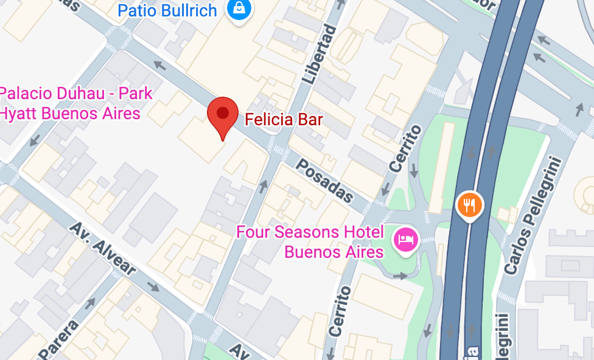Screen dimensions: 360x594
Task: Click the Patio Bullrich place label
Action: [167, 10]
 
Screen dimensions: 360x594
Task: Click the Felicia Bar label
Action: [284, 119]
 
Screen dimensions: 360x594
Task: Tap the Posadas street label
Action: [325, 181]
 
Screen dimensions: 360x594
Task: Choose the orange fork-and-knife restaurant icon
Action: [469, 205]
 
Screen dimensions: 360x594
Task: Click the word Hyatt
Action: [24, 113]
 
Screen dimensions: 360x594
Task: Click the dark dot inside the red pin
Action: [223, 112]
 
